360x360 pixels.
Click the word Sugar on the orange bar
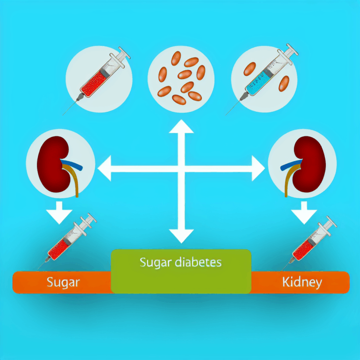pos(63,282)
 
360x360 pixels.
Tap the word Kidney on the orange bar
pos(302,282)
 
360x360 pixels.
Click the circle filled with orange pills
pos(181,78)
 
